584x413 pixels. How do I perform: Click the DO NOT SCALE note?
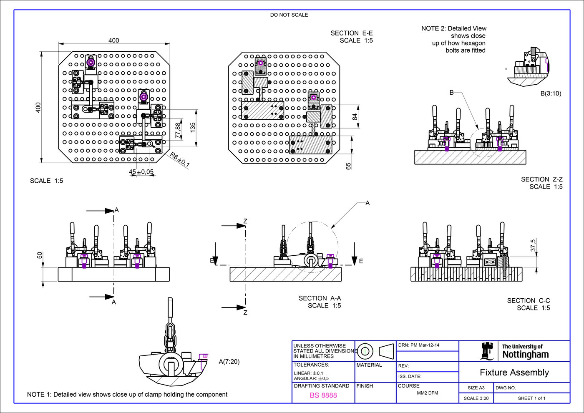tap(289, 15)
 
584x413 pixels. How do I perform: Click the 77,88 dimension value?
tap(179, 130)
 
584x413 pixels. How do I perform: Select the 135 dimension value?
tap(193, 127)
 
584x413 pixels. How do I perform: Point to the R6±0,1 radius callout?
tap(180, 160)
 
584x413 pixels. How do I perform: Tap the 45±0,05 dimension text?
tap(141, 172)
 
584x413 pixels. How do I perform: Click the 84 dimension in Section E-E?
tap(355, 117)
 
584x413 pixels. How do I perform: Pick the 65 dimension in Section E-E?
tap(348, 166)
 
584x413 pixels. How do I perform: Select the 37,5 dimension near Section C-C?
tap(533, 245)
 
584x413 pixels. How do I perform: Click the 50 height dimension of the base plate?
tap(40, 255)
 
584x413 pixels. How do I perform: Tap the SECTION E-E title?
tap(352, 33)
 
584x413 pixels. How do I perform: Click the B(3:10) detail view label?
tap(551, 93)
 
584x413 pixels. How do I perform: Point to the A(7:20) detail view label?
tap(229, 362)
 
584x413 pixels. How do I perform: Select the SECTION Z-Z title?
tap(541, 179)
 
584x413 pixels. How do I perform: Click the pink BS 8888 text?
tap(323, 395)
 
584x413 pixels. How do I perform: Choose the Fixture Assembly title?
tap(514, 373)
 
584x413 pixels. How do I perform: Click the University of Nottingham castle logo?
tap(486, 351)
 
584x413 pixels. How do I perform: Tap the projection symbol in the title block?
tap(375, 351)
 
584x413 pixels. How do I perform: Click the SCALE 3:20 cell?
tap(476, 398)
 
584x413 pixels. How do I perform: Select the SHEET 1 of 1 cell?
tap(531, 398)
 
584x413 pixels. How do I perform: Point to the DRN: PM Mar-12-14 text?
tap(419, 345)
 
